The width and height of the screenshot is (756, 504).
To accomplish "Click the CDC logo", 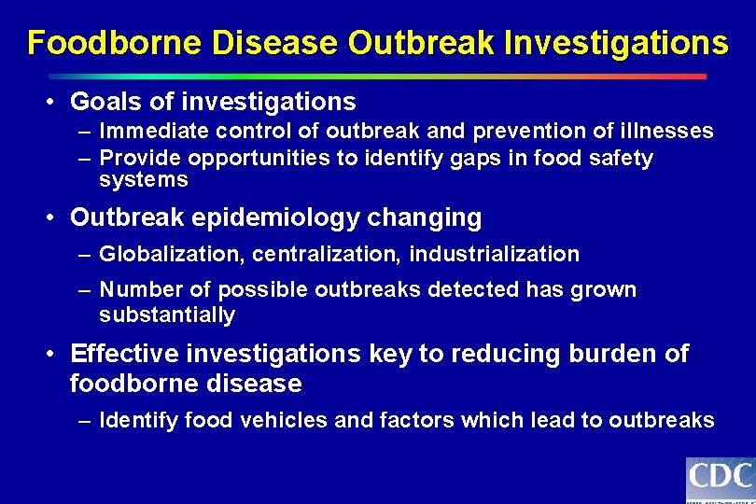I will click(720, 480).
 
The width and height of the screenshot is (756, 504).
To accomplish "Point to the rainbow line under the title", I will click(377, 77).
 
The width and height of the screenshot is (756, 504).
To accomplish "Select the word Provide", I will click(138, 158).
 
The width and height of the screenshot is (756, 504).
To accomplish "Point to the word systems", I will click(144, 180).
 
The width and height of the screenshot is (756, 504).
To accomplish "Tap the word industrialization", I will click(495, 254).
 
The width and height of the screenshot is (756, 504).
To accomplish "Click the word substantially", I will click(167, 315).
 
